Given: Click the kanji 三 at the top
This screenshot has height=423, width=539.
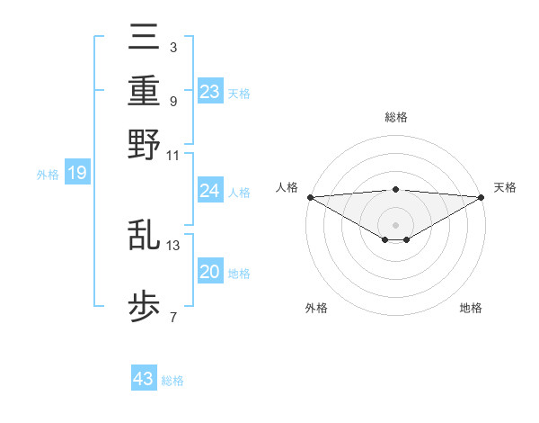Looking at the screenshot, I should tap(145, 39).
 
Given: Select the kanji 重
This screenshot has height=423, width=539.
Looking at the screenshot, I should tap(145, 91).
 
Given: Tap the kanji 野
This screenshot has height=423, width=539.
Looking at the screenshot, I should tap(145, 143).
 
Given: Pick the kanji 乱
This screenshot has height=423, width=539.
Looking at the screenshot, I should tap(145, 235).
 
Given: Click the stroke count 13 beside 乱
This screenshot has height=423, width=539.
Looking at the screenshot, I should tap(173, 245).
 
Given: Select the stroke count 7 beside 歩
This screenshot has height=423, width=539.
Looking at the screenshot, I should tap(172, 317).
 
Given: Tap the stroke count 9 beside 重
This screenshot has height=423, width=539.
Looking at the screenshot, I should tap(172, 101).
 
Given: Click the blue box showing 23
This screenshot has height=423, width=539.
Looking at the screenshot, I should tap(210, 91).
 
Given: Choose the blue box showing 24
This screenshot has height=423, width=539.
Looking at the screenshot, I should tap(210, 191).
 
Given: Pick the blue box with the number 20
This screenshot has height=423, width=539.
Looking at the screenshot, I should tap(210, 272).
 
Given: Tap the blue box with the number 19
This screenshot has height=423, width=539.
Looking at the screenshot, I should tap(77, 173).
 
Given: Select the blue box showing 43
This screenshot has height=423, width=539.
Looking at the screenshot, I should tap(144, 379).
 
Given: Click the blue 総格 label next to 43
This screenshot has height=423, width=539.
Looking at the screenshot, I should tap(172, 381).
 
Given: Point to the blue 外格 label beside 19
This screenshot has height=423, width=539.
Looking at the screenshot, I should tap(47, 175).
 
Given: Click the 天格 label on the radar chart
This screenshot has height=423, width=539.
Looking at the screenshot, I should tap(505, 187).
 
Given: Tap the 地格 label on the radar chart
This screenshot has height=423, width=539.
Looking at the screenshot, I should tap(471, 308).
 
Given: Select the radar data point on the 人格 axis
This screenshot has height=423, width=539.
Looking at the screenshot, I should tap(310, 197).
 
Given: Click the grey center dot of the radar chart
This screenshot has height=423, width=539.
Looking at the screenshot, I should tap(395, 224).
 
